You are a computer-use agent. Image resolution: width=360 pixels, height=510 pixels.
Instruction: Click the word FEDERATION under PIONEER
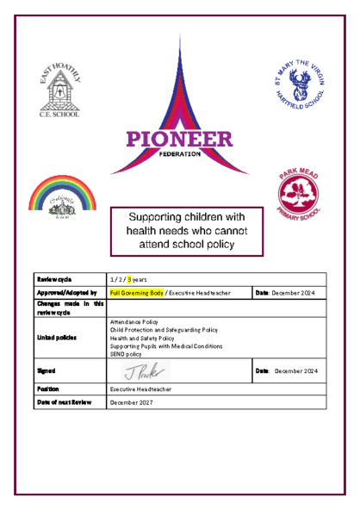click(x=181, y=156)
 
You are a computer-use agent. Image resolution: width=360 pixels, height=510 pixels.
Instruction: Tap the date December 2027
click(x=131, y=403)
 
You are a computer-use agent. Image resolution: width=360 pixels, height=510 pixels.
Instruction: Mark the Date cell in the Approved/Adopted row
click(x=287, y=294)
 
